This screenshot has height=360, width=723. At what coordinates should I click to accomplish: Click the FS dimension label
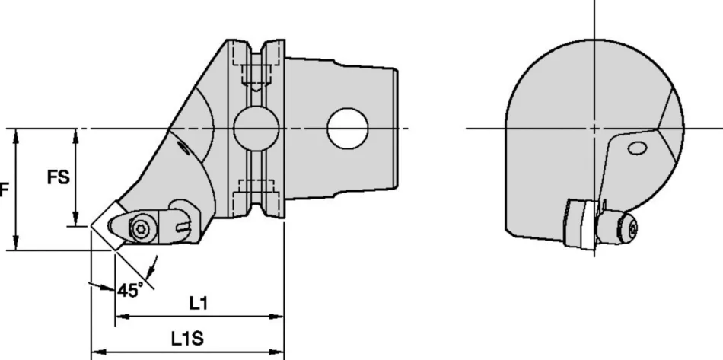[x=59, y=177]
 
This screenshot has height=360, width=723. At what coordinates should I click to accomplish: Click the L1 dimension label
[x=199, y=303]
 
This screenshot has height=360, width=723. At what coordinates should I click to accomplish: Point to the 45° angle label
[x=130, y=290]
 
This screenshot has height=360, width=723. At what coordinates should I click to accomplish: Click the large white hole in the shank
[x=348, y=128]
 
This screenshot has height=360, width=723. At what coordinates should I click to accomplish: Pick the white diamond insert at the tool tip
[x=107, y=225]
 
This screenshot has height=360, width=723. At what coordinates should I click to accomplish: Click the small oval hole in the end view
[x=637, y=148]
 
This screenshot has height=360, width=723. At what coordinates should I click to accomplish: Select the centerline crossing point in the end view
[x=594, y=128]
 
